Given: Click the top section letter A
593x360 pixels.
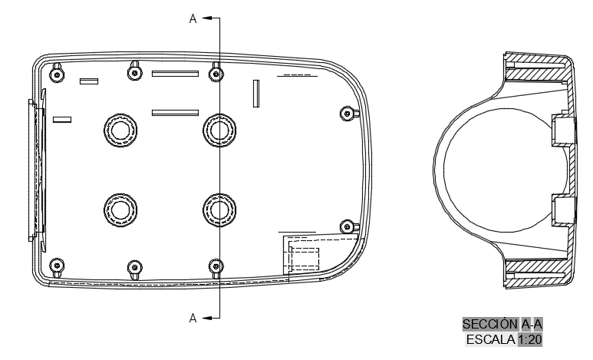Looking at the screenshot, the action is tap(193, 18).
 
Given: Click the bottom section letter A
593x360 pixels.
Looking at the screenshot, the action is tap(193, 318).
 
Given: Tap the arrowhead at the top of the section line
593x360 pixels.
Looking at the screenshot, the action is tap(206, 18).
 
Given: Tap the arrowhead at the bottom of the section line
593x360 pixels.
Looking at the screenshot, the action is tap(206, 318).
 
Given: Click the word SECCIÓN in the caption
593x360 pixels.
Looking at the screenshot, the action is tap(490, 325).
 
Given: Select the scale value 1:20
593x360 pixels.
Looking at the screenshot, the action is tap(530, 339).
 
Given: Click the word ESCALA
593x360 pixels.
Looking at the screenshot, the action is tap(491, 339).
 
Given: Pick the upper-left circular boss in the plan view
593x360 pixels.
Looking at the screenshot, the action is tap(120, 130).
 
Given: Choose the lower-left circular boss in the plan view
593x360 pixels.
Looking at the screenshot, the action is tap(120, 210).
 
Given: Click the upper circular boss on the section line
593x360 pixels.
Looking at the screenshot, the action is tap(219, 130).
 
